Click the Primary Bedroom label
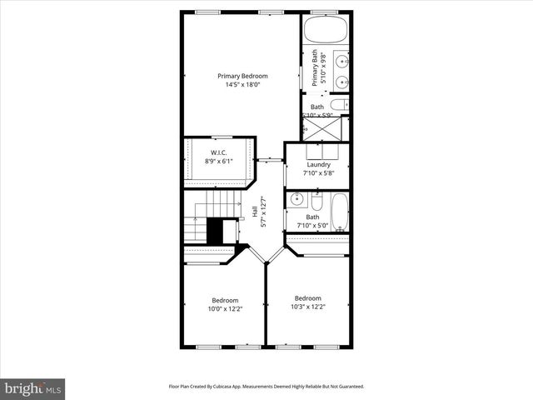click(242, 76)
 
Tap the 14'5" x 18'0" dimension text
click(242, 84)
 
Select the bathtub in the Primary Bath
click(326, 32)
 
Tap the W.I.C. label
click(219, 152)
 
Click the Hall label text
click(255, 212)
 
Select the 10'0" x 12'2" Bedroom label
click(225, 300)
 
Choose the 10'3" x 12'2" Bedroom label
click(307, 297)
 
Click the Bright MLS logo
click(33, 387)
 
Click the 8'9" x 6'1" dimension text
click(219, 161)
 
